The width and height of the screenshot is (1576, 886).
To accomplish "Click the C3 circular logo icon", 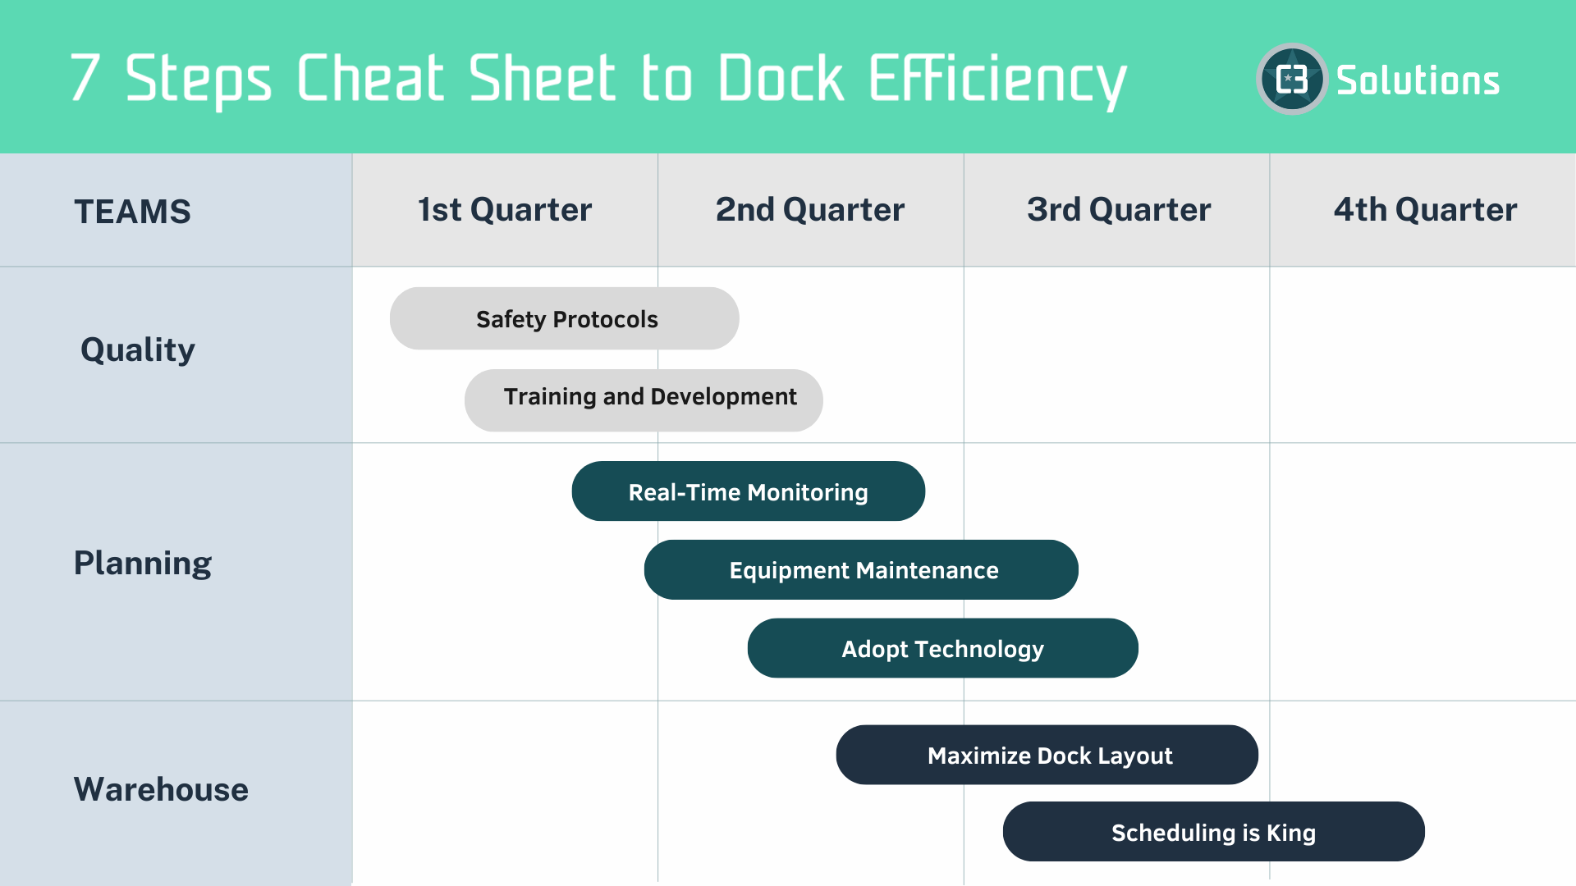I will (1292, 80).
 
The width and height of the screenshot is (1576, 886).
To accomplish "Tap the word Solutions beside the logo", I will (1418, 80).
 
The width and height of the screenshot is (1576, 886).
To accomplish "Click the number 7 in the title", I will (85, 78).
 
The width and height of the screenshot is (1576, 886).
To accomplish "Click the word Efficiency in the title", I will (997, 80).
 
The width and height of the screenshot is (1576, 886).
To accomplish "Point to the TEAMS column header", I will (132, 212).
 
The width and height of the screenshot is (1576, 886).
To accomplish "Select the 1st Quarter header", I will (505, 210).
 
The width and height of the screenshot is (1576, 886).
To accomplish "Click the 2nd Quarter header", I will (810, 210).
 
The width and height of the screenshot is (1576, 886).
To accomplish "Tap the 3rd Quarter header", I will (1118, 210).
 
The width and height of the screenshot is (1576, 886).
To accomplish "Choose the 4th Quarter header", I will (1425, 210).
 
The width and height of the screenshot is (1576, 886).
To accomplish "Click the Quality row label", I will (138, 350).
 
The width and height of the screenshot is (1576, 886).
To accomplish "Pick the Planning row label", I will (143, 564).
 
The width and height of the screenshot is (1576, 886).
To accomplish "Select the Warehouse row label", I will (161, 789).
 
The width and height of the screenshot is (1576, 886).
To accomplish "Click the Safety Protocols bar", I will (565, 319).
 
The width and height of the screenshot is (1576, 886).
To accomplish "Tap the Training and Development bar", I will (644, 400).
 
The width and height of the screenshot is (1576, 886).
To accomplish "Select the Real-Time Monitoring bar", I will (749, 491).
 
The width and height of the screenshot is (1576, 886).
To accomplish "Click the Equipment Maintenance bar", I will (862, 570).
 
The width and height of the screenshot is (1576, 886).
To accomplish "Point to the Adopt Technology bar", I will (942, 649).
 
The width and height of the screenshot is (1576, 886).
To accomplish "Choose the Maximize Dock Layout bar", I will (1047, 755).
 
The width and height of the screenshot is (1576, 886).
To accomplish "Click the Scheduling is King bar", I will (1213, 832).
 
